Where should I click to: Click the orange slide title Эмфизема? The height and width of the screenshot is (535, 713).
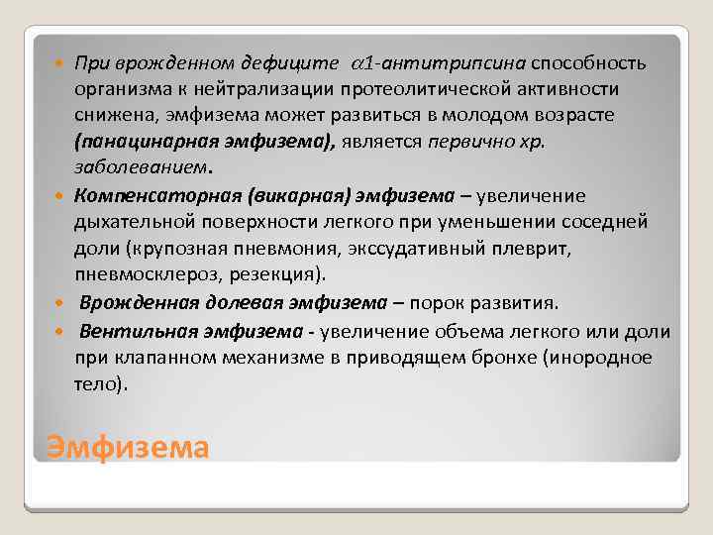pyautogui.click(x=128, y=448)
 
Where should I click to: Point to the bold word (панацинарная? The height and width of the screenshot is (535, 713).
pyautogui.click(x=141, y=142)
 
